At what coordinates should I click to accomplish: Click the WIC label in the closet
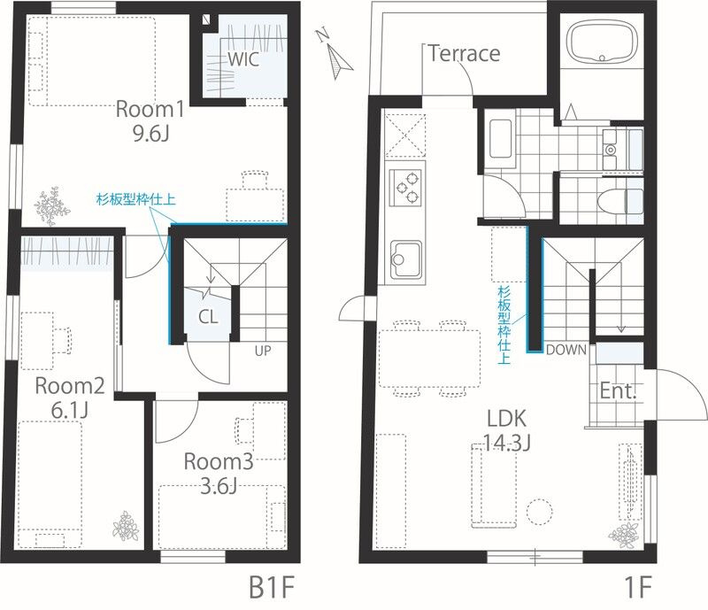click(x=242, y=59)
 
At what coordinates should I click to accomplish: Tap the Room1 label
click(x=150, y=110)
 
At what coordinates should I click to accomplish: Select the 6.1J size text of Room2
click(x=69, y=410)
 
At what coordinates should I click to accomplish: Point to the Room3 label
click(x=219, y=462)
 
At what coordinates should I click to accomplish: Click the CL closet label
click(x=208, y=317)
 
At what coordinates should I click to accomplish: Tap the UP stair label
click(x=263, y=351)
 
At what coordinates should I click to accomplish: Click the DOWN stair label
click(x=566, y=350)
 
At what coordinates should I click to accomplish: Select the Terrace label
click(x=464, y=53)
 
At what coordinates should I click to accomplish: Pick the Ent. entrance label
click(x=618, y=390)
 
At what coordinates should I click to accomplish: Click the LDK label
click(x=506, y=419)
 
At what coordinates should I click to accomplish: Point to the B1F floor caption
click(x=272, y=588)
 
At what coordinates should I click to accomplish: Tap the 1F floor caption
click(x=637, y=588)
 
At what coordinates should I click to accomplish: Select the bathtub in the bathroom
click(x=602, y=42)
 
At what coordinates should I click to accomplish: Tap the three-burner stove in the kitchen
click(x=406, y=188)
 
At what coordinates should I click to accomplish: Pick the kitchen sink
click(x=405, y=259)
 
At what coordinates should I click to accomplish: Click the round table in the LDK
click(x=539, y=512)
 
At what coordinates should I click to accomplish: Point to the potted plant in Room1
click(x=50, y=206)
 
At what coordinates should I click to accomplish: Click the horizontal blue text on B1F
click(x=136, y=199)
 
